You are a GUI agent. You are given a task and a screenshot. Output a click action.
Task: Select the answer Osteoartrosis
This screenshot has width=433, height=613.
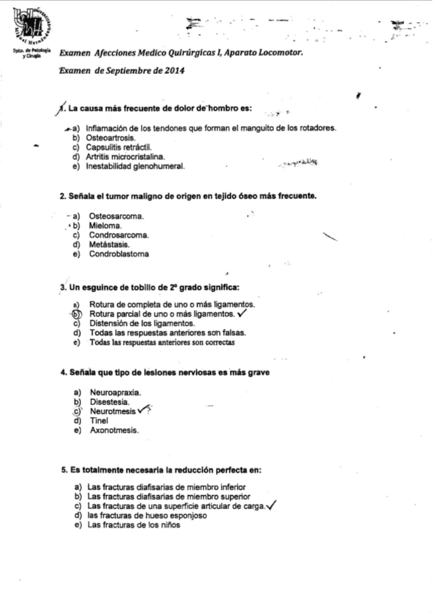[110, 137]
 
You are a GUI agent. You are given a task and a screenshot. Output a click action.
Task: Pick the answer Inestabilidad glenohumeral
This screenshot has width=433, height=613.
[135, 166]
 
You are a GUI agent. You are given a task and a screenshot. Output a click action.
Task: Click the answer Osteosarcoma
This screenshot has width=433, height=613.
[116, 216]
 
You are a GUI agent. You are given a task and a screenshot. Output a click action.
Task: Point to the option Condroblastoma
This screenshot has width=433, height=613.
[119, 254]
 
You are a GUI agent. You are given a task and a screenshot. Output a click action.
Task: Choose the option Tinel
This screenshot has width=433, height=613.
[99, 420]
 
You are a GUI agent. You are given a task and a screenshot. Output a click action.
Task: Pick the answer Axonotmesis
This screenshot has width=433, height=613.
[114, 430]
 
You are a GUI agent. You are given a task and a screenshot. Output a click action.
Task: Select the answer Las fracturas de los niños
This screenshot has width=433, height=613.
[134, 526]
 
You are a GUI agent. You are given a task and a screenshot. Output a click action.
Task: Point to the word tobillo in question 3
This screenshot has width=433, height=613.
[154, 288]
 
